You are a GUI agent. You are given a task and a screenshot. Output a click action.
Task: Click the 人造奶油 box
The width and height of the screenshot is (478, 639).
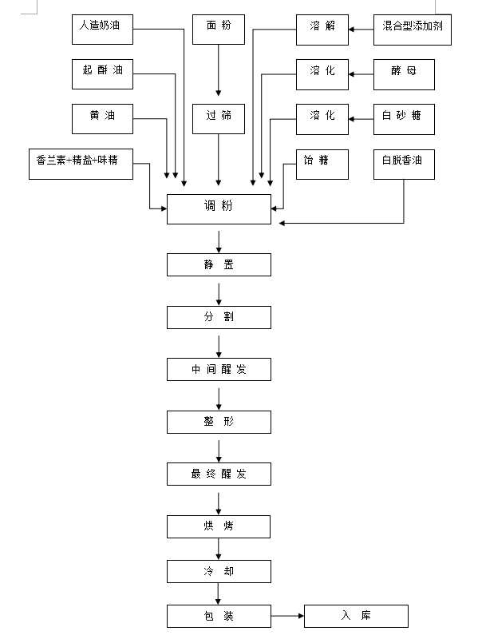tap(103, 30)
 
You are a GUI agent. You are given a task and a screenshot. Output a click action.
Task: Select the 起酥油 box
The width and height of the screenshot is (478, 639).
tap(103, 74)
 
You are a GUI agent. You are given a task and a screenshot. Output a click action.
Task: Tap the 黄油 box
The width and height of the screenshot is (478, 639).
tap(103, 119)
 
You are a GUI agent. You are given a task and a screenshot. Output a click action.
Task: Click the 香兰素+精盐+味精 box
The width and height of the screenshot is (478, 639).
tap(81, 165)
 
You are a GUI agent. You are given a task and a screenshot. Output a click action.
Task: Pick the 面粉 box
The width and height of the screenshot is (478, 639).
tap(219, 30)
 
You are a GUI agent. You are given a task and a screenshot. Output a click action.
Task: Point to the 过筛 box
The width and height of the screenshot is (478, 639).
tap(219, 119)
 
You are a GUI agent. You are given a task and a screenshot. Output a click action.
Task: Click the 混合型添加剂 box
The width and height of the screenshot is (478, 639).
tap(413, 30)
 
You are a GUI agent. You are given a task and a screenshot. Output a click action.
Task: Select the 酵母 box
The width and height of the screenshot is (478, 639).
tap(405, 74)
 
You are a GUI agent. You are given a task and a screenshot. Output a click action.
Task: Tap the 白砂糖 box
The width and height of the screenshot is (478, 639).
tap(405, 119)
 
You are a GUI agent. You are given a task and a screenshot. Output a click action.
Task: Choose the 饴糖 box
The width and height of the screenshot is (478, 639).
tap(322, 165)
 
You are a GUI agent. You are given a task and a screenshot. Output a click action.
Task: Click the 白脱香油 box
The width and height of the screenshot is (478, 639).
tap(405, 165)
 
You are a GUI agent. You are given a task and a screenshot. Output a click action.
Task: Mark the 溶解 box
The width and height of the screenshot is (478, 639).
tap(322, 30)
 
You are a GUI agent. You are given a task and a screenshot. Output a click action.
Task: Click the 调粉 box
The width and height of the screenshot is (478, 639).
tap(219, 209)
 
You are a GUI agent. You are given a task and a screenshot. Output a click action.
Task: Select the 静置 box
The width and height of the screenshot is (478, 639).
tap(219, 265)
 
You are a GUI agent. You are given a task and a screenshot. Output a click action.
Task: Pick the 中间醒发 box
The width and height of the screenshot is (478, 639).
tap(219, 370)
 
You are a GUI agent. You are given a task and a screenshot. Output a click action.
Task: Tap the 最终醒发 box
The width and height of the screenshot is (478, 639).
tap(219, 474)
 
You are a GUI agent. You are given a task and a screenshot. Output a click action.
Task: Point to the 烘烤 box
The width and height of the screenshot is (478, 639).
tap(219, 526)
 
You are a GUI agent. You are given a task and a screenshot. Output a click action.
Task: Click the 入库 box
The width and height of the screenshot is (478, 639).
tap(356, 616)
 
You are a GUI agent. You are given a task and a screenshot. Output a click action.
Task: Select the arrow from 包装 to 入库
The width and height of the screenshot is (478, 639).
tap(287, 616)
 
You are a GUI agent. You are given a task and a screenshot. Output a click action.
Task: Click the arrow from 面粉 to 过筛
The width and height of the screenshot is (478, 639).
tap(219, 70)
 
